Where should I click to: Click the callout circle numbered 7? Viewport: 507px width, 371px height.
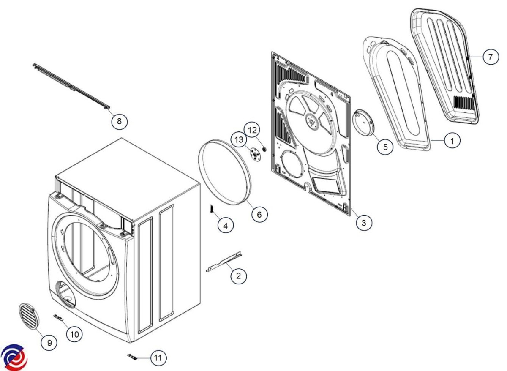[490, 57]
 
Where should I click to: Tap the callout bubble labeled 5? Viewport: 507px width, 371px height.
[385, 147]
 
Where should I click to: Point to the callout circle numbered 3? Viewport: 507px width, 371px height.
[364, 222]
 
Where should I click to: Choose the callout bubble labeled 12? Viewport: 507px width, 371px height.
[252, 130]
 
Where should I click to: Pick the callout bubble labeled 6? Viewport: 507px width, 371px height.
[259, 214]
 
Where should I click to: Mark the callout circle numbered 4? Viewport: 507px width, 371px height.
[226, 226]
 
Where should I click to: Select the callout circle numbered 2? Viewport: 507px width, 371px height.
[239, 276]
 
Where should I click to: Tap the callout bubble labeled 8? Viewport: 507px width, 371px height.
[119, 121]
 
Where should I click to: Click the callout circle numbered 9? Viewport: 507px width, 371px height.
[49, 343]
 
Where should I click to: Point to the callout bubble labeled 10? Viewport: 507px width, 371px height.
[74, 334]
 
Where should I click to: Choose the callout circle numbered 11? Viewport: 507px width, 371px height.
[158, 358]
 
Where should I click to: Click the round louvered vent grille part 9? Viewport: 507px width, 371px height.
[28, 316]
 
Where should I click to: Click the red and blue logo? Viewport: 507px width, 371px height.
[14, 356]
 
